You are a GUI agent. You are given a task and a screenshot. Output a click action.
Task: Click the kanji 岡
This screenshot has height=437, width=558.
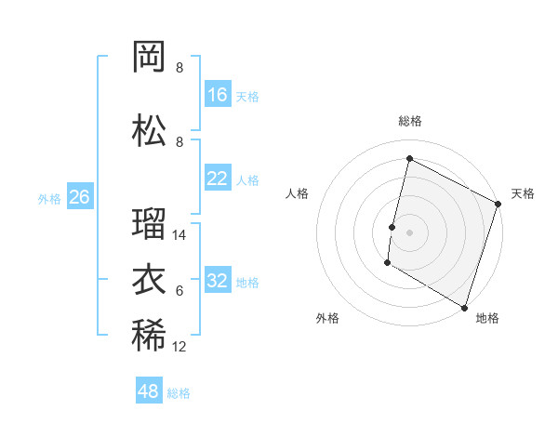click(149, 59)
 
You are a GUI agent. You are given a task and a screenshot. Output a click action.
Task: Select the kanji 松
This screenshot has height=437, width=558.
click(149, 131)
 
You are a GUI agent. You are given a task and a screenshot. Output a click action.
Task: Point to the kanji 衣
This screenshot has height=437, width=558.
click(149, 280)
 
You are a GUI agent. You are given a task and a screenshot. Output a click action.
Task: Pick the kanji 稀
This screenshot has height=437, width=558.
click(149, 336)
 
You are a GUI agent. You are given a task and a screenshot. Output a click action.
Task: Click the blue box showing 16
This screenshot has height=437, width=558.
click(218, 95)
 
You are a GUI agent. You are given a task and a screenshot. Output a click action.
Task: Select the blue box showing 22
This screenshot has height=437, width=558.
click(218, 179)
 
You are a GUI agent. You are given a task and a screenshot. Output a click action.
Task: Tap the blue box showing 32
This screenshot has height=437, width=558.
click(218, 281)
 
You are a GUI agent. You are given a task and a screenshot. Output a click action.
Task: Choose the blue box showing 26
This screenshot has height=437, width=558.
click(79, 197)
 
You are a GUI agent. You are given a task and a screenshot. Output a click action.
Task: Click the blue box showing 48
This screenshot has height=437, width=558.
click(149, 391)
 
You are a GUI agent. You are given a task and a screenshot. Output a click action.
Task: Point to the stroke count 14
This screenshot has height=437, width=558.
click(179, 235)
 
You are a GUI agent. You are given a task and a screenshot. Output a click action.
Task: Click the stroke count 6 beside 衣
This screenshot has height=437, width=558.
click(179, 291)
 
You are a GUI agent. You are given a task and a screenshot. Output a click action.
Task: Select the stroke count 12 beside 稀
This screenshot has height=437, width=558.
click(179, 347)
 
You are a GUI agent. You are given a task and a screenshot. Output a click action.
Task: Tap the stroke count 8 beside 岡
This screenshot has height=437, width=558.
click(179, 68)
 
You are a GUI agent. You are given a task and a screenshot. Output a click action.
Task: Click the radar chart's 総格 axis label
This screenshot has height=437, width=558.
click(410, 121)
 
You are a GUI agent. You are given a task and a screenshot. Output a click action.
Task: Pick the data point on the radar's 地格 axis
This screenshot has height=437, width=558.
click(464, 307)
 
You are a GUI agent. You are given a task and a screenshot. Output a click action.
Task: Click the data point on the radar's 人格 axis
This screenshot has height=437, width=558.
click(392, 227)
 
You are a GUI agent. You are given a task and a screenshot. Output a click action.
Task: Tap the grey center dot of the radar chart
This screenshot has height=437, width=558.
click(409, 232)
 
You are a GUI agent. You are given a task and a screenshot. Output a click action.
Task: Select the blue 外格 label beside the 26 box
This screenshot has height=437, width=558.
click(48, 198)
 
